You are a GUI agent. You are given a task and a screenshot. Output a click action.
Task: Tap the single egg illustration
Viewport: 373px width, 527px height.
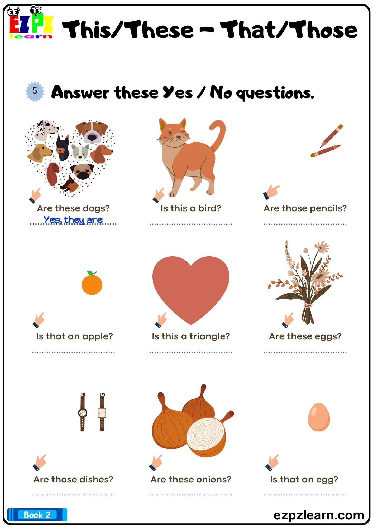[x=319, y=417]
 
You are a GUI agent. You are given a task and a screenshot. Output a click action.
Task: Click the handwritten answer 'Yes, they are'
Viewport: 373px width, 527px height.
[x=73, y=219]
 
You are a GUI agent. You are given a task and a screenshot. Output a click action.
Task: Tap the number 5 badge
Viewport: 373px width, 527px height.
[x=35, y=91]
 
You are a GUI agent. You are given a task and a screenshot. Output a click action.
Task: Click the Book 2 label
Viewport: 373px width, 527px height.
[x=37, y=515]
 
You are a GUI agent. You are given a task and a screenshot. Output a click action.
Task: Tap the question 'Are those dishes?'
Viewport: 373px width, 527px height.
[x=73, y=479]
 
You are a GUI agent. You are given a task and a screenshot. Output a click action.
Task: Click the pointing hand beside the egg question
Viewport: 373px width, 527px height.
[x=272, y=462]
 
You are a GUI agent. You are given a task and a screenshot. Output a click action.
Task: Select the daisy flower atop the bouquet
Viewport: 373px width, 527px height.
[x=321, y=247]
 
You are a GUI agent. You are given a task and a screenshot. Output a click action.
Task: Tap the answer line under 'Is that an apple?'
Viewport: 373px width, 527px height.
[x=73, y=352]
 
